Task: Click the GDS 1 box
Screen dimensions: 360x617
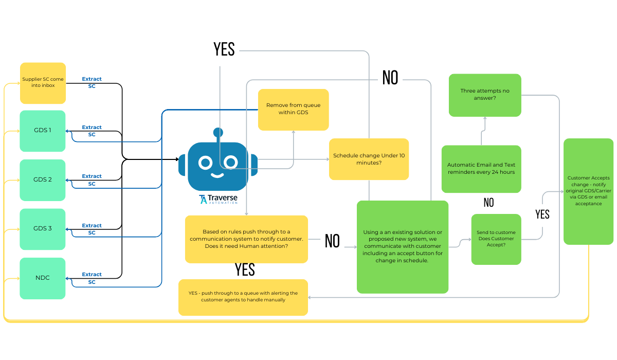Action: click(x=43, y=131)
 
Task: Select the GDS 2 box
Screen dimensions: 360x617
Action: click(x=43, y=179)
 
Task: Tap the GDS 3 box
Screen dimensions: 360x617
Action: click(x=43, y=229)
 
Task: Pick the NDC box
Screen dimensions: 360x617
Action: click(x=43, y=278)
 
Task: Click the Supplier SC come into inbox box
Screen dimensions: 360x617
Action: click(x=43, y=83)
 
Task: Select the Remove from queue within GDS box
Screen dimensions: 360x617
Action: click(x=293, y=109)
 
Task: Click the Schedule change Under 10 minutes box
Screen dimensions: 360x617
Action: click(x=369, y=159)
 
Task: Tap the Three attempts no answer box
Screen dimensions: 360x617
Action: click(x=484, y=95)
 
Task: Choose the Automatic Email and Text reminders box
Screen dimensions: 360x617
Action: click(x=481, y=169)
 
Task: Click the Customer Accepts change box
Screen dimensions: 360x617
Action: click(x=588, y=191)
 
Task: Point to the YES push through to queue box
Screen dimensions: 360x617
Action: click(x=243, y=297)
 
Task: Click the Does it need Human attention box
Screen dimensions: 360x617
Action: click(x=246, y=239)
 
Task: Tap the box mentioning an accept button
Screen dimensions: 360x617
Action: click(x=402, y=246)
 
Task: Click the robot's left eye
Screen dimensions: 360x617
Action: click(x=206, y=163)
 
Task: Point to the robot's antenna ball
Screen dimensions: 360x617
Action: click(x=218, y=133)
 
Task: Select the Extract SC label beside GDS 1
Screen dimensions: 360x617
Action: click(x=92, y=131)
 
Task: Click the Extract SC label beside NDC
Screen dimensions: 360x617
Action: click(x=92, y=278)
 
